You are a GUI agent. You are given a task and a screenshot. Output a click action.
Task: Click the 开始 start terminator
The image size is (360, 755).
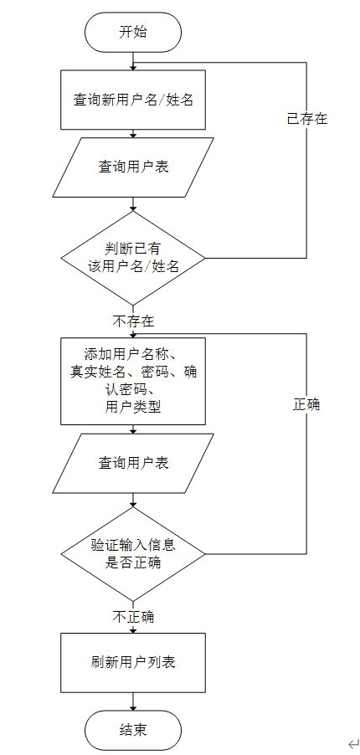133,33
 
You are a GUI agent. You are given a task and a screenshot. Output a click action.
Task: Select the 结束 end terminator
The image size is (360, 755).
133,730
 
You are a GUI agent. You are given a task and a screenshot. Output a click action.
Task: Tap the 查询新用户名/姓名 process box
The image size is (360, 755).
133,100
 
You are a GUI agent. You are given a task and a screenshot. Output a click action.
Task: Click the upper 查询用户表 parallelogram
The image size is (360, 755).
133,167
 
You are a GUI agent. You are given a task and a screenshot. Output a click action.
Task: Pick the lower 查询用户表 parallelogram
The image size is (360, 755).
133,462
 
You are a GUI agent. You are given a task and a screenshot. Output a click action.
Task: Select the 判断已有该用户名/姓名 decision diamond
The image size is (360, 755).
133,257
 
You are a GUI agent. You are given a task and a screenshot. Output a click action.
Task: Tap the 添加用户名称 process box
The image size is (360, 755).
133,381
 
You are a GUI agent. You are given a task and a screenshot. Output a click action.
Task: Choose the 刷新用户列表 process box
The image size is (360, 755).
133,662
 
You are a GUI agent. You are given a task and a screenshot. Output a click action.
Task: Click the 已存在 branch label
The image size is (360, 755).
306,119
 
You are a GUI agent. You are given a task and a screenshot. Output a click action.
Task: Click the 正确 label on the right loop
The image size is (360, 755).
306,404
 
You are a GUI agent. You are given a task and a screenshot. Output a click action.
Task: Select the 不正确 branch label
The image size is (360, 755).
133,618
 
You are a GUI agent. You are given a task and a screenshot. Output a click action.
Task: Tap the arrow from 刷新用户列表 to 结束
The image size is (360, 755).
133,701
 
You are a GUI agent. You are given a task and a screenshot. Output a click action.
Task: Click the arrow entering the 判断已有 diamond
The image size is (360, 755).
133,204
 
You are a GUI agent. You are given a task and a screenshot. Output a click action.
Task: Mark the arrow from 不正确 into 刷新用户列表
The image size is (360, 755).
133,629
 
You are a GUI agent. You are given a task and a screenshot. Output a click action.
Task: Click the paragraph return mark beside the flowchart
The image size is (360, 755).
353,742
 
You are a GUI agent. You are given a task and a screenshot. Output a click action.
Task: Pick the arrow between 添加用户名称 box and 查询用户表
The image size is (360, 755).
133,429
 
